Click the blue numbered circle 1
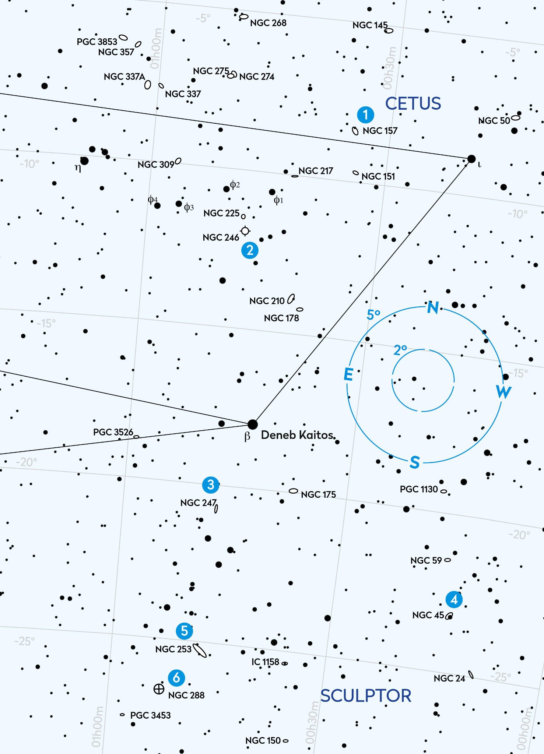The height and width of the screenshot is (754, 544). click(x=365, y=114)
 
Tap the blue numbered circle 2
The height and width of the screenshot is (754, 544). click(x=250, y=250)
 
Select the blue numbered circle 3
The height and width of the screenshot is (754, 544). click(x=211, y=485)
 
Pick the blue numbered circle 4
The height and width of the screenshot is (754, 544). click(x=454, y=600)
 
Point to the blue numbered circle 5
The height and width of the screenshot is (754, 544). click(x=185, y=631)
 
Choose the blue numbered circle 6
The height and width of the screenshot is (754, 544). click(x=176, y=677)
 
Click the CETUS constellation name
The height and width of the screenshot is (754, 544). click(x=413, y=103)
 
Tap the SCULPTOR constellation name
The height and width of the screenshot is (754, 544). click(x=366, y=696)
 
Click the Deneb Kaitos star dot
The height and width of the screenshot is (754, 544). click(x=253, y=424)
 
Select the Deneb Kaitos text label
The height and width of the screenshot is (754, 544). click(x=297, y=435)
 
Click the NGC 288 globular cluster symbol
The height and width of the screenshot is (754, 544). click(x=159, y=688)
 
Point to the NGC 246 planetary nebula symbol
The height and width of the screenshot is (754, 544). click(x=245, y=231)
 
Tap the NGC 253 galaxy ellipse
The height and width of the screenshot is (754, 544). click(x=200, y=650)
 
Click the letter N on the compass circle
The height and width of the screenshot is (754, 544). click(x=433, y=307)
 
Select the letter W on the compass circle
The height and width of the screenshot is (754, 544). click(x=503, y=391)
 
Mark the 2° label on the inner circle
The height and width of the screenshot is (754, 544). click(x=400, y=350)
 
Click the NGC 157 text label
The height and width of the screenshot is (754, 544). click(x=380, y=131)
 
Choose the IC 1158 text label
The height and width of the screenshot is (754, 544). click(x=265, y=662)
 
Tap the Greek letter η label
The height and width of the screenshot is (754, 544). click(x=78, y=168)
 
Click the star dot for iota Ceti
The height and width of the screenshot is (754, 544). click(x=471, y=159)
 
